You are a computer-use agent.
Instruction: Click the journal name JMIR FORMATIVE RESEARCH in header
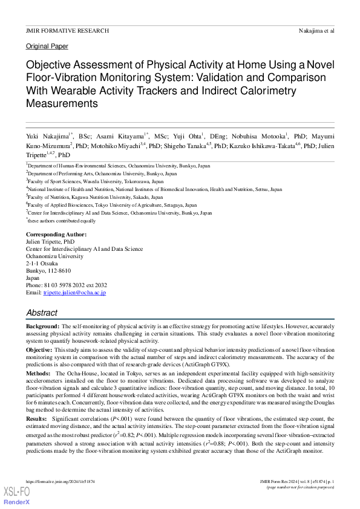67,30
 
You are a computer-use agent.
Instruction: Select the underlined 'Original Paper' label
47,46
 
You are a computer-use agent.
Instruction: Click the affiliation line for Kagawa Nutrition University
96,197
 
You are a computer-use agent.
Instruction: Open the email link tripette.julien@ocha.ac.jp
74,293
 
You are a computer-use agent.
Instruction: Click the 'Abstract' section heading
42,313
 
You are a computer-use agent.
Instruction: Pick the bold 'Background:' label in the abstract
42,326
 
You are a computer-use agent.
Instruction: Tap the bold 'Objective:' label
40,350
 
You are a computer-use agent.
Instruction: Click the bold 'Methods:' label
38,374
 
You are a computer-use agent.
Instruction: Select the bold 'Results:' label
37,418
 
